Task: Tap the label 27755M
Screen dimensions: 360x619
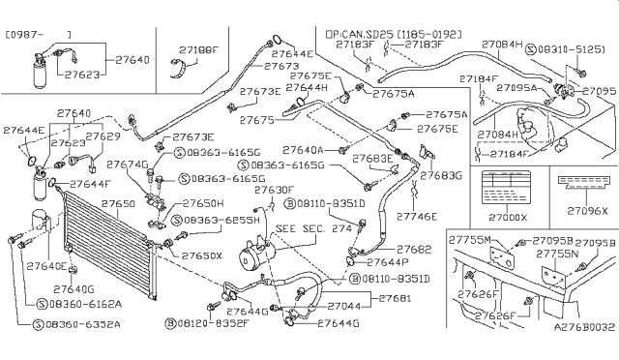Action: click(x=474, y=239)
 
